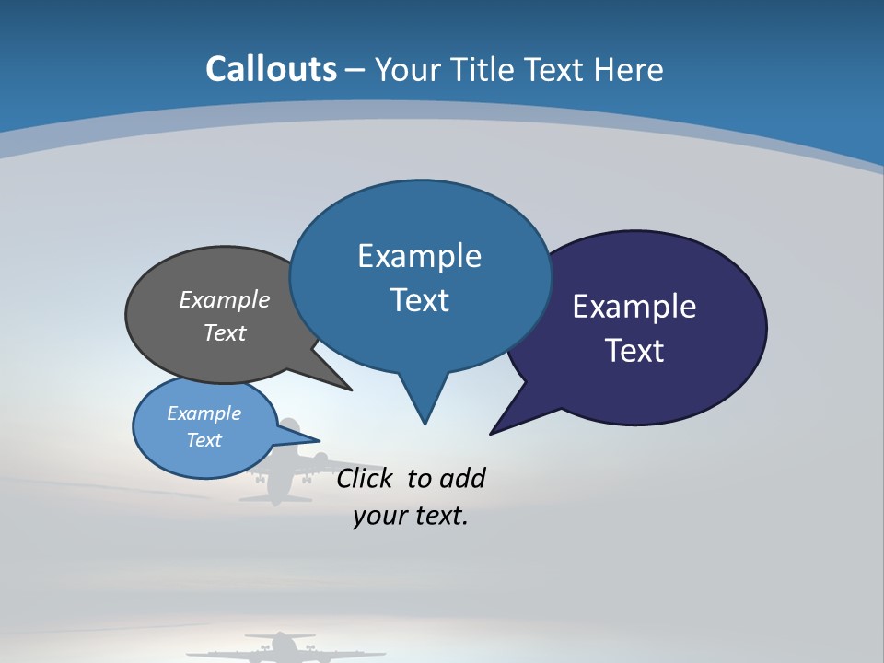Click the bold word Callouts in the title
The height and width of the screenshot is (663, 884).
[272, 69]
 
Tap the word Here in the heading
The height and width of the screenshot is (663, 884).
[628, 69]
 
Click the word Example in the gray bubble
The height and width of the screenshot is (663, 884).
[225, 299]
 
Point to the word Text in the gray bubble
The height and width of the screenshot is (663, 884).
[225, 332]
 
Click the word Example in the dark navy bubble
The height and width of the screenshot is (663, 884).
[634, 307]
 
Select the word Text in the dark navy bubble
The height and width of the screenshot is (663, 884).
[634, 350]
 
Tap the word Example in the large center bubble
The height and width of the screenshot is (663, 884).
[419, 256]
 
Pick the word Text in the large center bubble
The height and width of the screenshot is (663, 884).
[419, 300]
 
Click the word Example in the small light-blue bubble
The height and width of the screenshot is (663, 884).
[204, 413]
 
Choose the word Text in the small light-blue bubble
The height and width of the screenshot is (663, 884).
[204, 440]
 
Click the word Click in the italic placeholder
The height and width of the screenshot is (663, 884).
[366, 478]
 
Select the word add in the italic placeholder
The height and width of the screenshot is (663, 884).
[462, 478]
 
